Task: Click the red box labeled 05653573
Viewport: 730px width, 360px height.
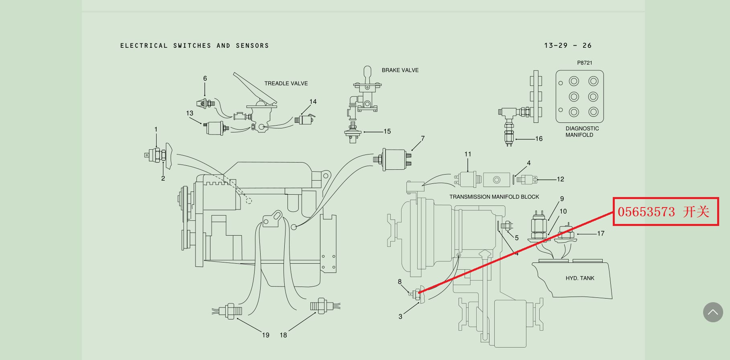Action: [x=665, y=212]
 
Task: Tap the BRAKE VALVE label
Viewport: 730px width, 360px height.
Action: [x=400, y=70]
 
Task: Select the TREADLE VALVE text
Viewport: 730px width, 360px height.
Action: [x=286, y=83]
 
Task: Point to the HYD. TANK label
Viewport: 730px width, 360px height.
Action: [x=580, y=278]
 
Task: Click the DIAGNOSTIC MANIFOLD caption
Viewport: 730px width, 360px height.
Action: [x=582, y=132]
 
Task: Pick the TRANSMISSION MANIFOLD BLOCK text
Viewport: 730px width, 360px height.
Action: [x=494, y=197]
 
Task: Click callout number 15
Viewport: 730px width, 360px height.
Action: [x=387, y=131]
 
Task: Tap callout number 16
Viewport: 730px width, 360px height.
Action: [x=539, y=139]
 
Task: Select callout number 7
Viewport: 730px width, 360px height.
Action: [x=422, y=138]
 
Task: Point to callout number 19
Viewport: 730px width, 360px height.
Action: [x=265, y=335]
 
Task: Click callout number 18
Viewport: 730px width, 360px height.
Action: [x=283, y=335]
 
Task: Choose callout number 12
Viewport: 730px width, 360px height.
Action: [x=561, y=179]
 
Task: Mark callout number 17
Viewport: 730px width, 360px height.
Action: [x=601, y=234]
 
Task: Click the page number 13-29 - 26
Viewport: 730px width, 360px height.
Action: [x=568, y=46]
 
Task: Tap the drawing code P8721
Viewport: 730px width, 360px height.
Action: [x=585, y=63]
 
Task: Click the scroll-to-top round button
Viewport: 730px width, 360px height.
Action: [x=713, y=312]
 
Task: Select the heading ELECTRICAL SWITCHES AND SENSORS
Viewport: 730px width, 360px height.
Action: [x=194, y=46]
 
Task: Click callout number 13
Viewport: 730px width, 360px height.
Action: [x=190, y=114]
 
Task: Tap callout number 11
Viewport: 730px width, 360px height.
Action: [x=468, y=154]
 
